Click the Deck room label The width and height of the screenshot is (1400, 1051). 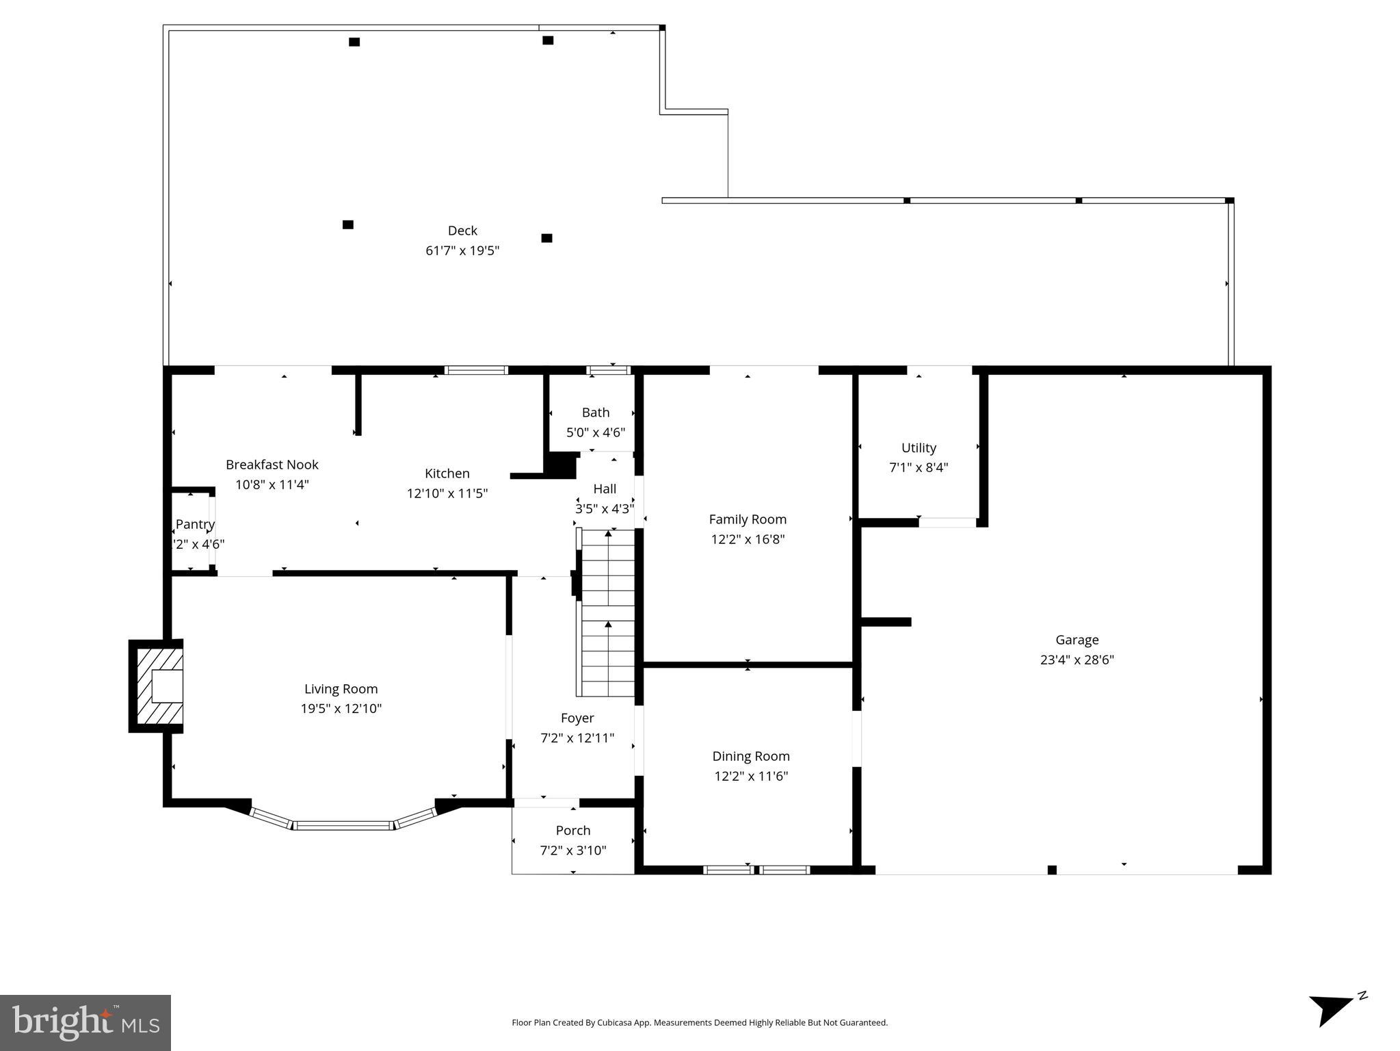[x=462, y=231]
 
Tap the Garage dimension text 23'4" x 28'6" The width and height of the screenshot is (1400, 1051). [x=1077, y=660]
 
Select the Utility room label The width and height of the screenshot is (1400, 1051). [x=918, y=448]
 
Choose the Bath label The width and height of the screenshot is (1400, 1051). [x=595, y=413]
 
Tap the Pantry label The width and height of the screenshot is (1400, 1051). [x=195, y=524]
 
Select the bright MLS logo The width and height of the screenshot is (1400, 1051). [x=85, y=1022]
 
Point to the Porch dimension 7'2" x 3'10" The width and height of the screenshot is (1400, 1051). [x=573, y=851]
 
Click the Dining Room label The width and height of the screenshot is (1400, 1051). [x=750, y=756]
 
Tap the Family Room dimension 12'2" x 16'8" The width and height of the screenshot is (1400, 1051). [x=747, y=539]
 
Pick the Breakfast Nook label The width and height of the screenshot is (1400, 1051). [x=272, y=465]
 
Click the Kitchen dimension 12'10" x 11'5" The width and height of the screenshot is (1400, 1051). [x=447, y=493]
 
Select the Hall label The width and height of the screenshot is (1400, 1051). [x=605, y=489]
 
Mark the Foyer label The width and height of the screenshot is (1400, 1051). [x=577, y=718]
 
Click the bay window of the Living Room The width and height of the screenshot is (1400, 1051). [x=344, y=825]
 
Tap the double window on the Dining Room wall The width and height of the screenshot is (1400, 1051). [x=756, y=870]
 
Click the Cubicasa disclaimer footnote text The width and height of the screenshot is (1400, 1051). [x=699, y=1023]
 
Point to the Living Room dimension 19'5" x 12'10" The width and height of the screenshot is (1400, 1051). [x=341, y=709]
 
